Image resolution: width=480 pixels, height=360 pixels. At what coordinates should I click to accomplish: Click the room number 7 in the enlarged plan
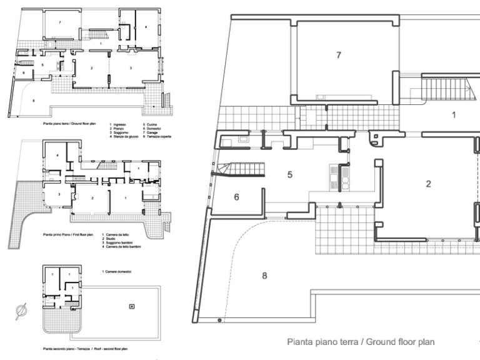pyautogui.click(x=338, y=55)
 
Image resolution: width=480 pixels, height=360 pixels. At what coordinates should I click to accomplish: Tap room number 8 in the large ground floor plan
pyautogui.click(x=264, y=275)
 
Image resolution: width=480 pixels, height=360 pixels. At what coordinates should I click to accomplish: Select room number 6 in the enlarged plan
pyautogui.click(x=236, y=196)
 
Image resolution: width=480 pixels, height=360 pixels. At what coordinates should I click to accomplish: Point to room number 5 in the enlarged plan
pyautogui.click(x=290, y=174)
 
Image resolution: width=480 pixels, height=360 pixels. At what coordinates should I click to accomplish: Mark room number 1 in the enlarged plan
pyautogui.click(x=454, y=114)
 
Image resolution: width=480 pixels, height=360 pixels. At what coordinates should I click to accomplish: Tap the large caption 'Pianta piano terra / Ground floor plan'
pyautogui.click(x=361, y=342)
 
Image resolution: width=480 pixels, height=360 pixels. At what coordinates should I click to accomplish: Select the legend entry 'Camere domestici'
pyautogui.click(x=121, y=271)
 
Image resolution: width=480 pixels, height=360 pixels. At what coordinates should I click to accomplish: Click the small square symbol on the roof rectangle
pyautogui.click(x=131, y=306)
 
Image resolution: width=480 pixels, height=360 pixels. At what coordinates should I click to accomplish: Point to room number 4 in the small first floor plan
pyautogui.click(x=57, y=154)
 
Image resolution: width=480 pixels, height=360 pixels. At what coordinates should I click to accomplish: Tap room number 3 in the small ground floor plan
pyautogui.click(x=131, y=67)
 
